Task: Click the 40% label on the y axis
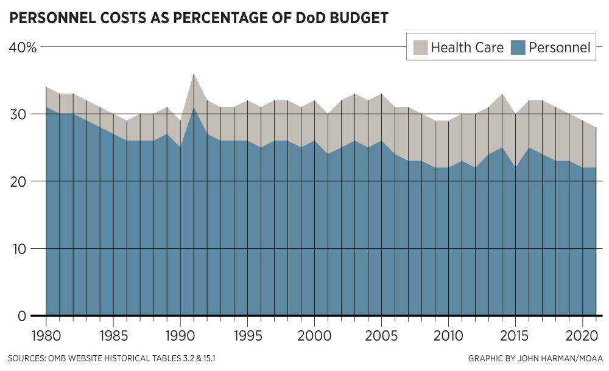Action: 23,47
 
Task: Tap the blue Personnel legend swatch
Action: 517,47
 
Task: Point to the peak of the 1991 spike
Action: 194,74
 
